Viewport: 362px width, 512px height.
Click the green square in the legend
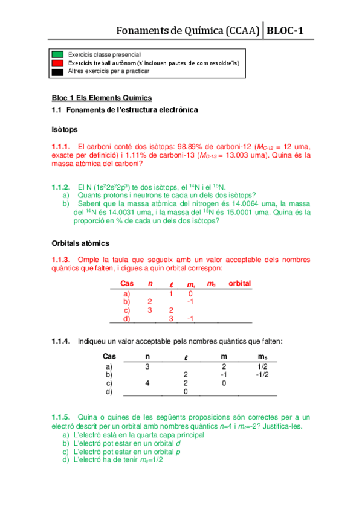(x=58, y=54)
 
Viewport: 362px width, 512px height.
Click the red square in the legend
(x=58, y=63)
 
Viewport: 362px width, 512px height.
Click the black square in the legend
(x=58, y=71)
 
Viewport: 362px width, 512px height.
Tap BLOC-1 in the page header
(x=286, y=30)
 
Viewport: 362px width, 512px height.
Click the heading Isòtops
(x=65, y=129)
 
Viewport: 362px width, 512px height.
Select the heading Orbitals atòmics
(x=80, y=243)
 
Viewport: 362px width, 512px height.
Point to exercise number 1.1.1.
(x=61, y=146)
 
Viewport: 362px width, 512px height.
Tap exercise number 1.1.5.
(x=61, y=417)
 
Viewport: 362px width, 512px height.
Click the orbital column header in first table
(x=239, y=283)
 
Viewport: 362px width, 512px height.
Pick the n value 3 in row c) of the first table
(x=149, y=310)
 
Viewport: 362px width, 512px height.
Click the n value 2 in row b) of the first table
(x=149, y=301)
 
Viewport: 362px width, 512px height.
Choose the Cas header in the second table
(x=109, y=356)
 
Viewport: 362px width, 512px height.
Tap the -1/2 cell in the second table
(x=262, y=374)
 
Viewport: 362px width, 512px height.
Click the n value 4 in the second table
(x=147, y=383)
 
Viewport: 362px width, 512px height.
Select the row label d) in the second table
(x=109, y=391)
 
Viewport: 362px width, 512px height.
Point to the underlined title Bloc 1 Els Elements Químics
(x=101, y=98)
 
